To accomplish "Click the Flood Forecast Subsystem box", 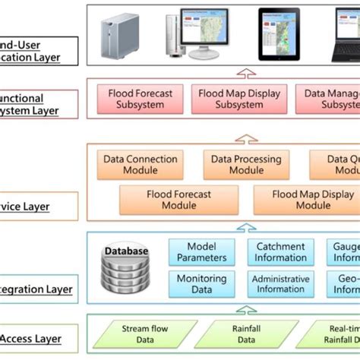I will coord(141,99).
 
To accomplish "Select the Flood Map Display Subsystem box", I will coord(239,99).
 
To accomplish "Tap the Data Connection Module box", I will coord(140,165).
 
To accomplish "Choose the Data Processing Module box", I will coord(246,165).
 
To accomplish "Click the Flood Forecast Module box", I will coord(178,200).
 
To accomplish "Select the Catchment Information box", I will coord(280,252).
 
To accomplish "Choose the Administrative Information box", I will coord(280,284).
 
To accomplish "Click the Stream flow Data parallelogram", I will coord(141,335).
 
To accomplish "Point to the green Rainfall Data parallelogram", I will coord(245,335).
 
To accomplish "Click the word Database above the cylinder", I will coord(126,251).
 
